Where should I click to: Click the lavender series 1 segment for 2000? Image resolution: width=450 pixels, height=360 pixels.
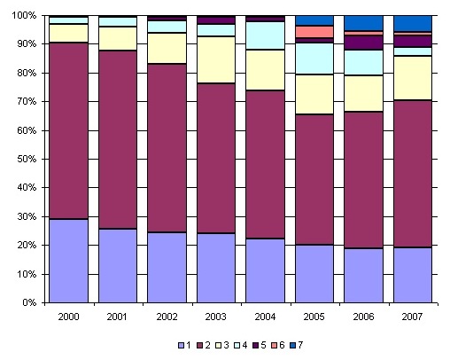click(68, 261)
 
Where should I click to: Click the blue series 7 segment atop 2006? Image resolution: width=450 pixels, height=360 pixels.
click(364, 23)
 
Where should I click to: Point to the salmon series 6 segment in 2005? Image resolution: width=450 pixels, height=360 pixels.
click(314, 32)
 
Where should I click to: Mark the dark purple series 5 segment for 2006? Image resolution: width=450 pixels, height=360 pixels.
click(364, 43)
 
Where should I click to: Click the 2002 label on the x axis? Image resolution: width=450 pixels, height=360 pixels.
click(167, 317)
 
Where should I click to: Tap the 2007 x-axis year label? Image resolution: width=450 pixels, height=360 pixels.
click(413, 317)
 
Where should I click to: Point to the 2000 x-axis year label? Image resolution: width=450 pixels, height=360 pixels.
click(68, 317)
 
